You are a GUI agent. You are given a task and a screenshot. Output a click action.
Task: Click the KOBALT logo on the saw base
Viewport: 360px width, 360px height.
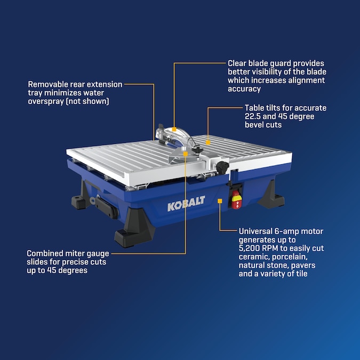(186, 203)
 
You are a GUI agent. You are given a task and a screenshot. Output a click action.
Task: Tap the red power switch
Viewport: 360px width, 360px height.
(236, 199)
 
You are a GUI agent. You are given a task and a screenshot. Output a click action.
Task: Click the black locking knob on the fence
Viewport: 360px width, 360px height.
(222, 167)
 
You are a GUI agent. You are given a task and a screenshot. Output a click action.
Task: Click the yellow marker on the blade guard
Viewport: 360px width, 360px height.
(174, 129)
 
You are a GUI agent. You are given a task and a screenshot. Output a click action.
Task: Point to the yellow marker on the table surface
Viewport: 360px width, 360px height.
(208, 142)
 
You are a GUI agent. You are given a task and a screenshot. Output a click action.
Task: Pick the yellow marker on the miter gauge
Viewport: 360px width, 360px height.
(186, 154)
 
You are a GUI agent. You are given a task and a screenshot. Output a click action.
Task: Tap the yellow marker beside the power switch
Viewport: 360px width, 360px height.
(220, 201)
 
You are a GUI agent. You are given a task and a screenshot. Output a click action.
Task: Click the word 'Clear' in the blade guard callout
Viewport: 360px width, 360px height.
(237, 63)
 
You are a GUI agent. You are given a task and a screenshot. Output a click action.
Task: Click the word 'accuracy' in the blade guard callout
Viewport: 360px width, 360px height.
(244, 89)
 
